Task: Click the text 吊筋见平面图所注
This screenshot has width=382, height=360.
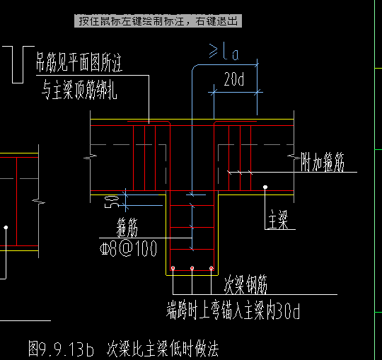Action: [79, 66]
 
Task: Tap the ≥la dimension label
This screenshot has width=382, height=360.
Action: [224, 51]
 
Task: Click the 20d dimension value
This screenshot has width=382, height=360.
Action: [233, 81]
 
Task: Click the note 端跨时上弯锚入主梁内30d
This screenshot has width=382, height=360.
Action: [234, 310]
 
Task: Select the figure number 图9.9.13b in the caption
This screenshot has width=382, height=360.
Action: [63, 348]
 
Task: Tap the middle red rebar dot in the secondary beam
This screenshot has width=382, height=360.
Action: [192, 268]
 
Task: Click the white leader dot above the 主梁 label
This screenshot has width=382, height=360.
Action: [265, 187]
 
